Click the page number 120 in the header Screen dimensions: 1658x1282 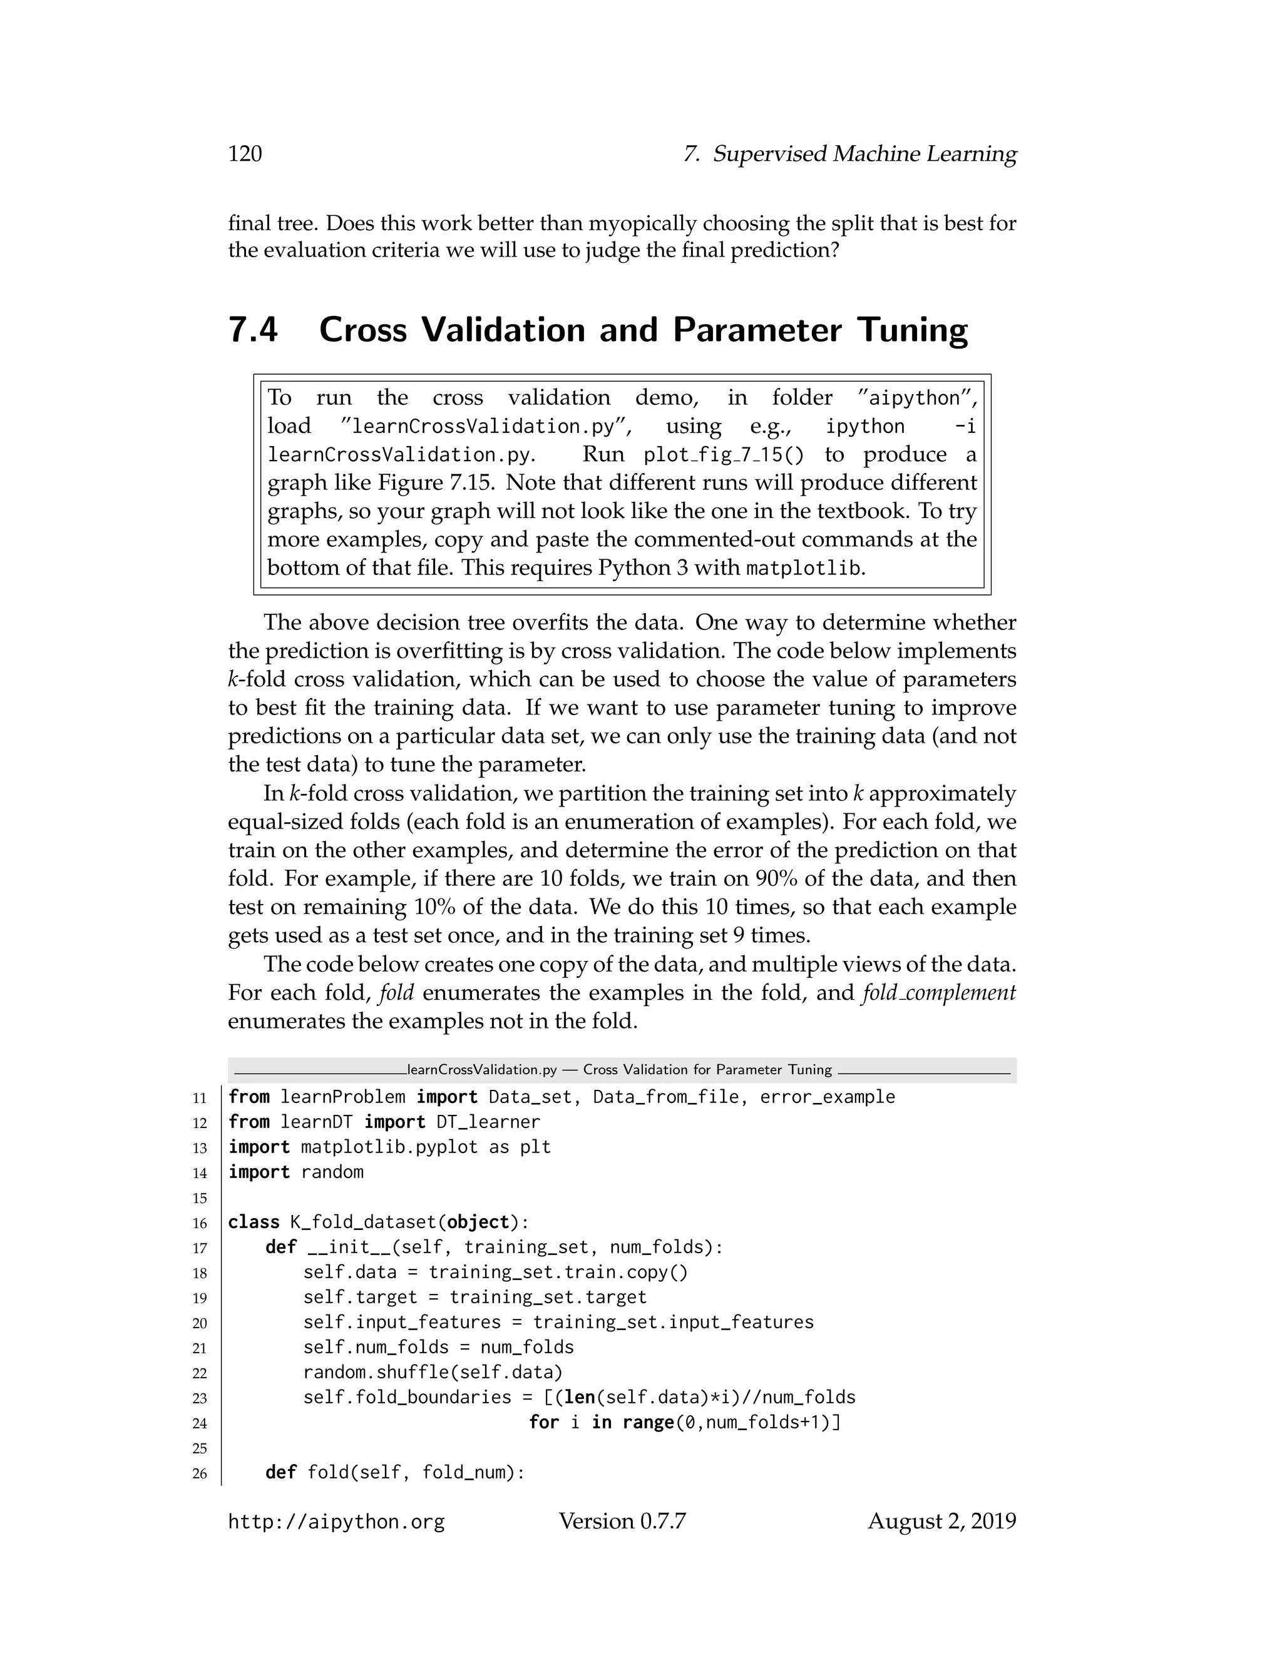245,154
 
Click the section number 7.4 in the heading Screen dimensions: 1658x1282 253,330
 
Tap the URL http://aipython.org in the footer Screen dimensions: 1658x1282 336,1522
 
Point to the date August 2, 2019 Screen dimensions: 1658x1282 941,1522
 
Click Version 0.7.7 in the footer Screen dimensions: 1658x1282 622,1522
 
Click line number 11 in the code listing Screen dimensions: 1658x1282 200,1099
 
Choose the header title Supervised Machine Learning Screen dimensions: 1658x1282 864,154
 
